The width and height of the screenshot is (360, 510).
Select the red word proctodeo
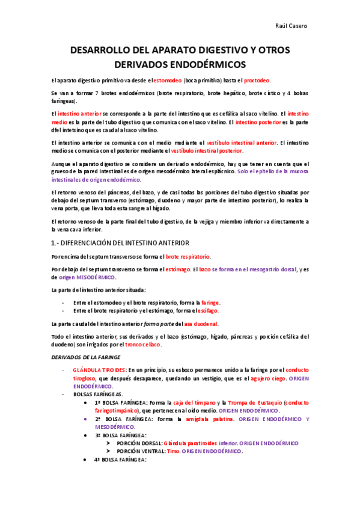[257, 80]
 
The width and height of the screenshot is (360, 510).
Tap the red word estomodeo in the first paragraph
[172, 80]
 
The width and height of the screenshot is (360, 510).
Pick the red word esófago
[208, 310]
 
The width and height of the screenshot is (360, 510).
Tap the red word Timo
[173, 450]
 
